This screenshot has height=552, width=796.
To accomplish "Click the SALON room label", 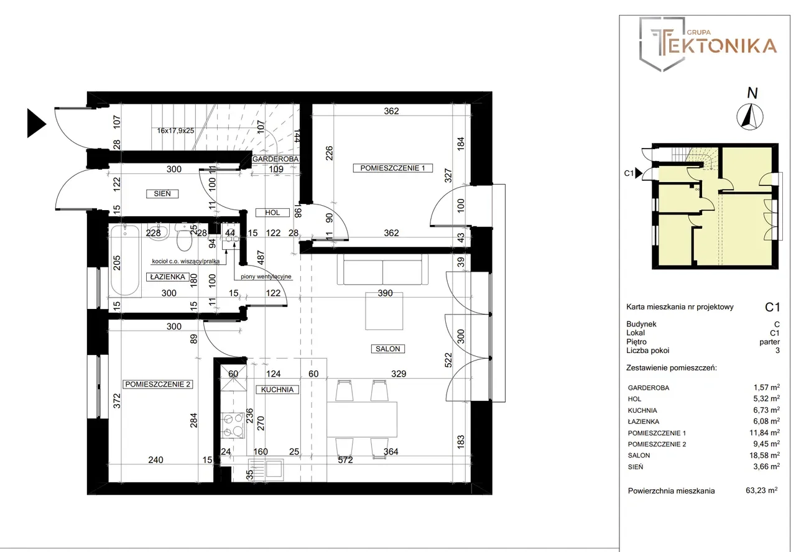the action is coord(387,349).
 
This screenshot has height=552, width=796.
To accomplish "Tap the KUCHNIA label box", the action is coord(277,390).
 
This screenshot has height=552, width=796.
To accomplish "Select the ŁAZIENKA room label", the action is coord(168,277).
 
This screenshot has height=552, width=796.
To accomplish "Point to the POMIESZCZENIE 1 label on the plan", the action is coord(392,168).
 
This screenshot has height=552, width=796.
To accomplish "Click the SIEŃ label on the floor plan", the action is coord(162,193).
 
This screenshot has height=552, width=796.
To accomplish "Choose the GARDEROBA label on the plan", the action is coord(275,159).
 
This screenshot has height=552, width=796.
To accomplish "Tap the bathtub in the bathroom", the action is coord(125,261).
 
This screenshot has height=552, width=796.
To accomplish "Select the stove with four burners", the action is coord(233,425).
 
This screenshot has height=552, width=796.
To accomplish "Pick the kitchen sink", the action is coord(266,469).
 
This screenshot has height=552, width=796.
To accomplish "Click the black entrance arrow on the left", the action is coord(37,123).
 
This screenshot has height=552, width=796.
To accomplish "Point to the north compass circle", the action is coord(750,116).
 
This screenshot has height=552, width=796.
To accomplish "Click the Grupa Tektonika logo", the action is coord(707,44).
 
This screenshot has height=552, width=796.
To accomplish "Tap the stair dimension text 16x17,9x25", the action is coord(175,131).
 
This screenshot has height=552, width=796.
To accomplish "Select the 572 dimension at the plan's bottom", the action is coord(345,460).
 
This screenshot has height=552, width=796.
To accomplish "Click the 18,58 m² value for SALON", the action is coord(766,455).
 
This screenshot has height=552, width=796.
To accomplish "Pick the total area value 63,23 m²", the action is coord(761,490).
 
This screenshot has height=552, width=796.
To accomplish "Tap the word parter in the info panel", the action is coord(769,342).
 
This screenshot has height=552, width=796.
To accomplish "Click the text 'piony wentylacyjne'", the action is coord(266,277).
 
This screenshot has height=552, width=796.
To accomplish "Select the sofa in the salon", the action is coord(382,269).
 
